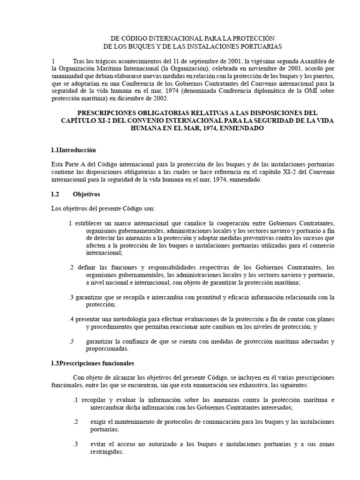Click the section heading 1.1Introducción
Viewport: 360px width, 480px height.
pos(73,150)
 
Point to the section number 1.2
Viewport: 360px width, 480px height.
pos(56,194)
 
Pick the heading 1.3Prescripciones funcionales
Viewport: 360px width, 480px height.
pos(92,364)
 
